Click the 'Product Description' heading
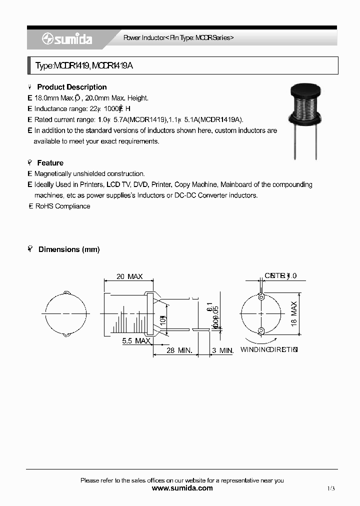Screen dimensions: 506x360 pos(72,87)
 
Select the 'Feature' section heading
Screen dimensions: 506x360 pos(50,163)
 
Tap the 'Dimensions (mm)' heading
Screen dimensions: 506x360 pos(69,249)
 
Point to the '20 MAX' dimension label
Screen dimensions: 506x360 pos(129,276)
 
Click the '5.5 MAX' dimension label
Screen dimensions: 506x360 pos(136,341)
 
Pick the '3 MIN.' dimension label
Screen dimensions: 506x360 pos(222,350)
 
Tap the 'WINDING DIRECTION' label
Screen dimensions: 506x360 pos(269,349)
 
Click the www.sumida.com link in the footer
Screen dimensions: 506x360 pos(182,488)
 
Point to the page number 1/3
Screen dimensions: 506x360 pos(331,488)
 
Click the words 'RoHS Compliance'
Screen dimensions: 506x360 pos(62,206)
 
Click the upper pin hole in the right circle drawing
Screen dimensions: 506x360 pos(261,297)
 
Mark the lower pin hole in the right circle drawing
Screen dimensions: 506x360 pos(261,330)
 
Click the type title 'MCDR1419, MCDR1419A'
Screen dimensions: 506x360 pos(84,66)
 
